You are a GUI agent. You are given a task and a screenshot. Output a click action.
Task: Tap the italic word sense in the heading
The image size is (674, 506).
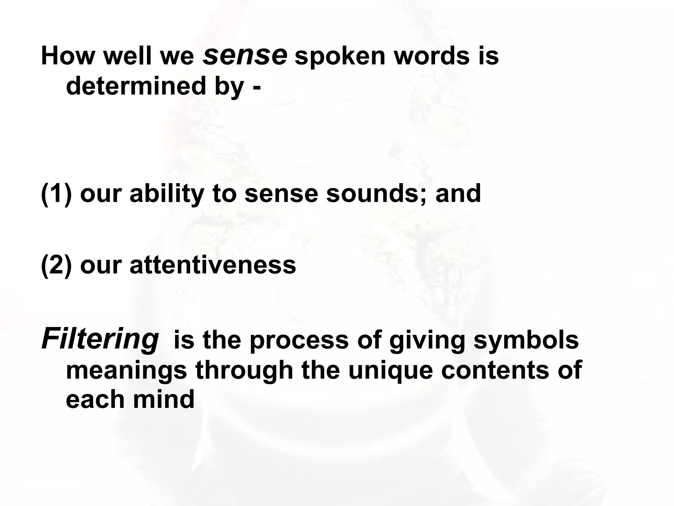coord(245,54)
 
